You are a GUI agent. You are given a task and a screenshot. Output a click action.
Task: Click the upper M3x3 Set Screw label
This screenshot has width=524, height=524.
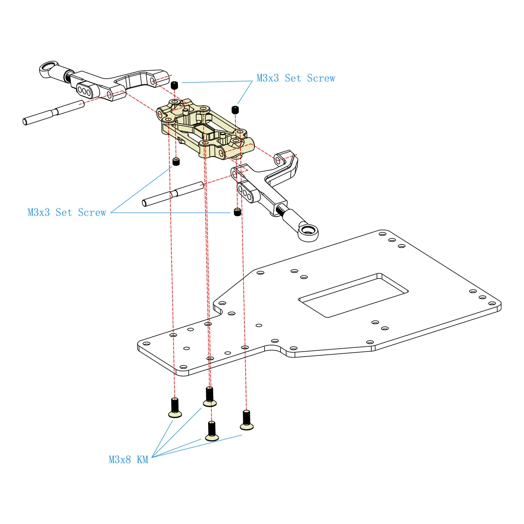pyautogui.click(x=295, y=78)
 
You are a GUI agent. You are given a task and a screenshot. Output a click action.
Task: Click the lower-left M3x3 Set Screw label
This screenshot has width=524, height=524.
pyautogui.click(x=67, y=213)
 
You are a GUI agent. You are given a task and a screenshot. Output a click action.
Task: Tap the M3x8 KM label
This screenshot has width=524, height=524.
pyautogui.click(x=128, y=460)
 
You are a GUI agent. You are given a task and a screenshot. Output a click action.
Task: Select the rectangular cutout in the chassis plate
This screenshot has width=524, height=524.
pyautogui.click(x=353, y=295)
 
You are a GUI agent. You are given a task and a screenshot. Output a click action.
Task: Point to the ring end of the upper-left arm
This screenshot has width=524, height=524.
pyautogui.click(x=48, y=68)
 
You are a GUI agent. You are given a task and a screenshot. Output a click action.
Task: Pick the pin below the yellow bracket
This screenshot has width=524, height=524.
pyautogui.click(x=173, y=194)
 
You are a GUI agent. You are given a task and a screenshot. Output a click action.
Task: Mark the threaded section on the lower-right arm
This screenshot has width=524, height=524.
pyautogui.click(x=281, y=210)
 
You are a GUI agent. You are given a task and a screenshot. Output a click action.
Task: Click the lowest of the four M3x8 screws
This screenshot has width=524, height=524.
pyautogui.click(x=212, y=431)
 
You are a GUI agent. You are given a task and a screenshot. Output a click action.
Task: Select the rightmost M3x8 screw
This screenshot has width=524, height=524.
pyautogui.click(x=246, y=420)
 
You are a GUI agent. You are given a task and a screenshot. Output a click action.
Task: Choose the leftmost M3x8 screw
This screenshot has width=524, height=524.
pyautogui.click(x=175, y=408)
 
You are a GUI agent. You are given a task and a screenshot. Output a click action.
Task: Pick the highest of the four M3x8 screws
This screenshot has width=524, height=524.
pyautogui.click(x=210, y=397)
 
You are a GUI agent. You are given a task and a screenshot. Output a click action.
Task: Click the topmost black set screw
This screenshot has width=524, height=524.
pyautogui.click(x=174, y=85)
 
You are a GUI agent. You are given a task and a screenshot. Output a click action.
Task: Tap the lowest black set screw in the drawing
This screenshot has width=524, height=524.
pyautogui.click(x=237, y=211)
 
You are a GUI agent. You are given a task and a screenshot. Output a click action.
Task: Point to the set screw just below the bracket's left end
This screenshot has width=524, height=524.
pyautogui.click(x=176, y=161)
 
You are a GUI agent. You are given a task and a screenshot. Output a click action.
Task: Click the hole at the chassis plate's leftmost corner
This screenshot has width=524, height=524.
pyautogui.click(x=146, y=344)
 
